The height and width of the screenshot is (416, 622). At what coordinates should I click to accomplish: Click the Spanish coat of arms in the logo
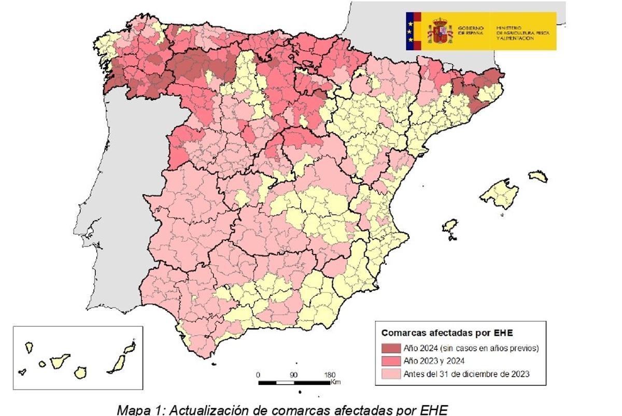(x=440, y=31)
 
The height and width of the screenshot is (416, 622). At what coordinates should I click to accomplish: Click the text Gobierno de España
(x=471, y=31)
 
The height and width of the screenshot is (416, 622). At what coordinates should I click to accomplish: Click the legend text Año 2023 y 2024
(x=433, y=361)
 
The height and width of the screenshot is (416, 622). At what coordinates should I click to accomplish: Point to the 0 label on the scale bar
(x=258, y=375)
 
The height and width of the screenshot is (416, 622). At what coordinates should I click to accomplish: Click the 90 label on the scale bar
(x=293, y=375)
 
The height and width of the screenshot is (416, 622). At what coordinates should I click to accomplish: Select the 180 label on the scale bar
(x=330, y=375)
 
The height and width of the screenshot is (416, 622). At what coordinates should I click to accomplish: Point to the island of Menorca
(x=539, y=176)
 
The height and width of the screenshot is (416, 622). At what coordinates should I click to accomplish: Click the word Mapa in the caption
(x=133, y=410)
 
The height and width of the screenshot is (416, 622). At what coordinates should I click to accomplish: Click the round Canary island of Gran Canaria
(x=80, y=372)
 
